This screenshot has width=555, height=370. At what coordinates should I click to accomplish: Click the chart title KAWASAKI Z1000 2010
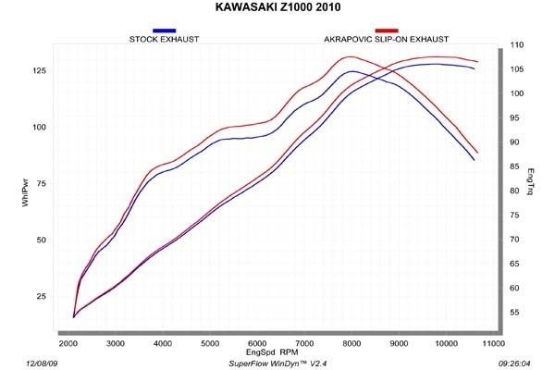[x=277, y=10]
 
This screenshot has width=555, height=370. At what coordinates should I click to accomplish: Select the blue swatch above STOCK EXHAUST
[x=165, y=31]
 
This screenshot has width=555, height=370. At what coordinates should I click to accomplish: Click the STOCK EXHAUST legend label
[x=165, y=40]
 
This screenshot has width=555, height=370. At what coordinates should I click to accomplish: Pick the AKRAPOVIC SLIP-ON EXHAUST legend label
[x=387, y=40]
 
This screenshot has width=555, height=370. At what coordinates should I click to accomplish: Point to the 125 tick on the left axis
[x=40, y=70]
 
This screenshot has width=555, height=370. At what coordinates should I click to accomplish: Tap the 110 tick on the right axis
[x=517, y=44]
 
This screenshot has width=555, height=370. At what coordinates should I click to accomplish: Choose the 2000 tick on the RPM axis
[x=68, y=343]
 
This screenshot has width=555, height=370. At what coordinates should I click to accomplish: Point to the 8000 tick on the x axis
[x=351, y=343]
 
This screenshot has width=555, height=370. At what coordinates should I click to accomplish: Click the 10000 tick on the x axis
[x=446, y=343]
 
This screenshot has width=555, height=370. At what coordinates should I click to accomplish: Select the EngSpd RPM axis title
[x=272, y=352]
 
